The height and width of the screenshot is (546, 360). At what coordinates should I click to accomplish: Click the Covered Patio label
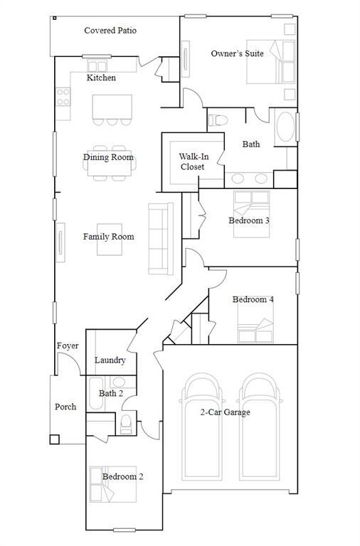[x=110, y=31]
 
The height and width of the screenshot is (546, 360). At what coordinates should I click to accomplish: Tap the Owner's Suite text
[x=237, y=53]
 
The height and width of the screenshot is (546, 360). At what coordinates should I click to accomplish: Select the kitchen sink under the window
[x=97, y=66]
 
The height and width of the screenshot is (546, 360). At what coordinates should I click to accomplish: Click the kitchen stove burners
[x=63, y=97]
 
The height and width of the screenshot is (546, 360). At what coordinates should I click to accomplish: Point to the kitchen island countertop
[x=112, y=107]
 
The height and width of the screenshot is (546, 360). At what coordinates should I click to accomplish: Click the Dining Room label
[x=108, y=157]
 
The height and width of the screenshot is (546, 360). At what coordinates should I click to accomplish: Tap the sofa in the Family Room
[x=161, y=239]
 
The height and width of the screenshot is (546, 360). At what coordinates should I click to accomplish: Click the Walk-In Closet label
[x=194, y=161]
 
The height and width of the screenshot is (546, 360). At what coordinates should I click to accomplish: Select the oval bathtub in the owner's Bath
[x=285, y=127]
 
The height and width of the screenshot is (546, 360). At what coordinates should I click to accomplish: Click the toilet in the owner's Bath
[x=218, y=120]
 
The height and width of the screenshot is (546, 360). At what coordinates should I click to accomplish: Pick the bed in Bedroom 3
[x=251, y=214]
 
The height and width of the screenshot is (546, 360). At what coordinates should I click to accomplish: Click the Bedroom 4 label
[x=253, y=299]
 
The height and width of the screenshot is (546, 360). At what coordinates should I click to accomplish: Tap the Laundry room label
[x=110, y=360]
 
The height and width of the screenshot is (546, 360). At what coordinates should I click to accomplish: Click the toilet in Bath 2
[x=126, y=424]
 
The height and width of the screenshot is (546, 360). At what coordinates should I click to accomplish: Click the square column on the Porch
[x=54, y=439]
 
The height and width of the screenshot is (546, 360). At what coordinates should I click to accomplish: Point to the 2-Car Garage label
[x=225, y=412]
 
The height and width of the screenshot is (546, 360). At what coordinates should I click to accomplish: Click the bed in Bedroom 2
[x=113, y=484]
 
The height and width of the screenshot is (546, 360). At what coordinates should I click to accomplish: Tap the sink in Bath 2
[x=119, y=382]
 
